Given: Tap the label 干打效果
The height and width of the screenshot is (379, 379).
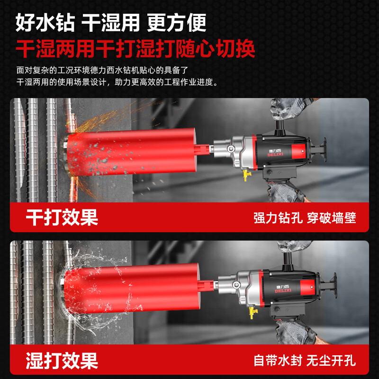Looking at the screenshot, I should pos(62,217).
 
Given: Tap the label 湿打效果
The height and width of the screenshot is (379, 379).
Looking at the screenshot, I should pos(62,360).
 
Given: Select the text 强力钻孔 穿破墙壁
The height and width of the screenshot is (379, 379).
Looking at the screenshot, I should pos(305,218).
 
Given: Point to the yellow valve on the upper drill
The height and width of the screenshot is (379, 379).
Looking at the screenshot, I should pos(247,175).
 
